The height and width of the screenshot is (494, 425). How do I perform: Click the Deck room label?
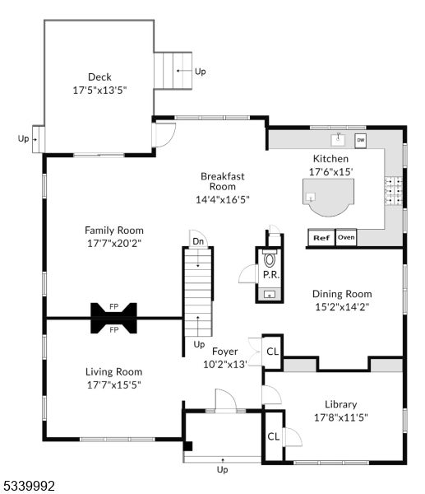pos(99,77)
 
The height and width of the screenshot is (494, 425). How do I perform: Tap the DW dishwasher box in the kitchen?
pos(361,141)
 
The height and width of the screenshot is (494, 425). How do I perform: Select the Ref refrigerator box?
pos(321,238)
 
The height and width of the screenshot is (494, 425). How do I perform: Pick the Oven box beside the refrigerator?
pos(346,237)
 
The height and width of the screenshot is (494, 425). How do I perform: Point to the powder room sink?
pos(270,295)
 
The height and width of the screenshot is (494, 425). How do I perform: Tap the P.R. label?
pos(271,275)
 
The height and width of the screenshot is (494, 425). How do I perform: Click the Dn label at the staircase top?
pos(198,241)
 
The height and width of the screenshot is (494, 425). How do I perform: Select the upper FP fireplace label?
pos(114,306)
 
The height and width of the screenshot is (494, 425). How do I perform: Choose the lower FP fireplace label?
pos(114,330)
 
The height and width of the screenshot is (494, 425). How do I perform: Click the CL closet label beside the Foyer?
pos(272,352)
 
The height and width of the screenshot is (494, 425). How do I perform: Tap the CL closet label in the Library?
pos(273,436)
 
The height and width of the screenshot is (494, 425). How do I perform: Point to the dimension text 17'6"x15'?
pos(330,172)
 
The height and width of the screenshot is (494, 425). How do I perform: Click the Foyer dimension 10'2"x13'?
pos(225,365)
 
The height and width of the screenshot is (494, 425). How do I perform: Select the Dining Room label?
pos(342,294)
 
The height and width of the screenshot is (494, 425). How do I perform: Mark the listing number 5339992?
pos(29,486)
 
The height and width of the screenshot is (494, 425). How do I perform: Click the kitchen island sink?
pos(311,197)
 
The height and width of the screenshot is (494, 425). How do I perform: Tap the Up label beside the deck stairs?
pos(201,72)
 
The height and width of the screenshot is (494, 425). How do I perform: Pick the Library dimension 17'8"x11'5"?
pos(341,417)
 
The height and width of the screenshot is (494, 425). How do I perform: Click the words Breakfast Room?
pos(223,181)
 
